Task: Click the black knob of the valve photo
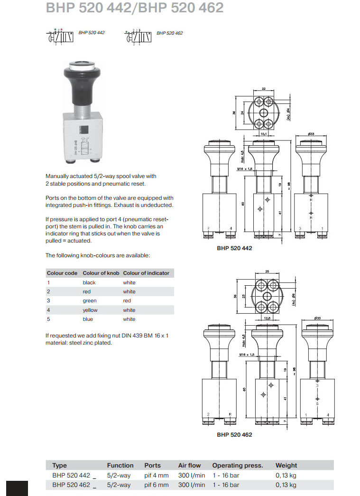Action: coord(83,88)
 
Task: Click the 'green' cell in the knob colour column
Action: coord(90,301)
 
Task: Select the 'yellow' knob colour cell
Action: coord(90,310)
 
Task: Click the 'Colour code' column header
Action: coord(62,273)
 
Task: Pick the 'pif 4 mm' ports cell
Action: coord(157,475)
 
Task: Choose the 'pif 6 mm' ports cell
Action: coord(157,485)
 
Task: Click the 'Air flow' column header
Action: coord(189,466)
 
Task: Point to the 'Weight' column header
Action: coord(286,466)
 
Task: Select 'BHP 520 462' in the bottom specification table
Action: coord(71,485)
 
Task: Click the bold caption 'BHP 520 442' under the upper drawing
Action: coord(234,248)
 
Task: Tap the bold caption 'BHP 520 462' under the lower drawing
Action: coord(234,434)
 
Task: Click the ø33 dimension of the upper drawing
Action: coord(311,134)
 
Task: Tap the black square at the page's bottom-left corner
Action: coord(17,488)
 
